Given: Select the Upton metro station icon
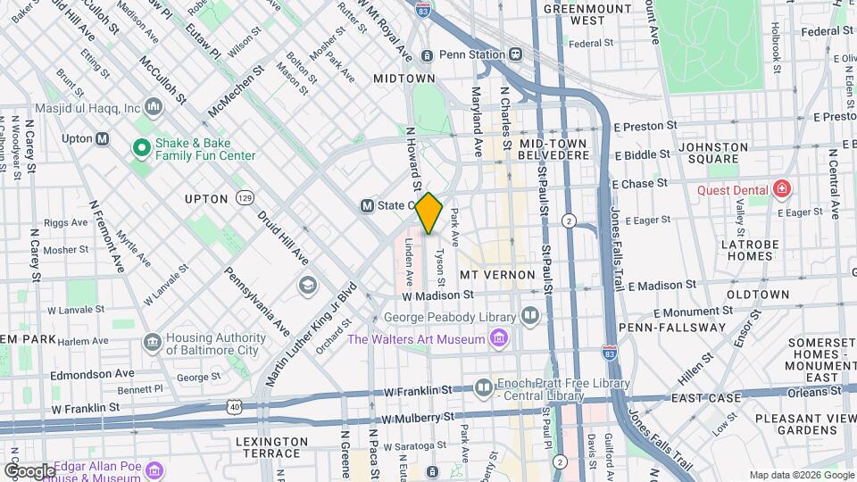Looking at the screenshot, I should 102,138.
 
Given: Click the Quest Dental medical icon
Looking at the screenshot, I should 782,188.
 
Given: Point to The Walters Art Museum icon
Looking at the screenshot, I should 498,338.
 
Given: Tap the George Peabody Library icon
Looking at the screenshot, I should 530,316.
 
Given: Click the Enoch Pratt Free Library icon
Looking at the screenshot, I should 483,386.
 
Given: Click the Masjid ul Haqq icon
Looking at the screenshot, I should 154,108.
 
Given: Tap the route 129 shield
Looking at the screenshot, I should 244,197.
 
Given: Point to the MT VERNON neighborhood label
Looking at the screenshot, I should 497,275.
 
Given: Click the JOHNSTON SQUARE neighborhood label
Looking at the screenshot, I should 713,153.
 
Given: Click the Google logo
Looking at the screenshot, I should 29,470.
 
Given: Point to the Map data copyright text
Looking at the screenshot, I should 801,475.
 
